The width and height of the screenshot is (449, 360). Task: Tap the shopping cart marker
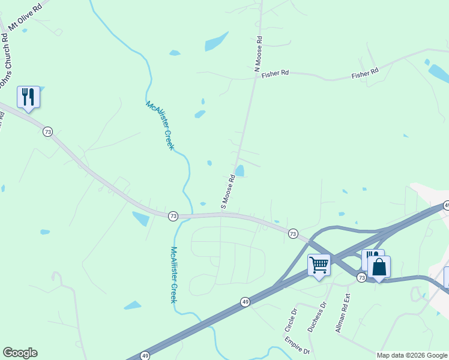[x=319, y=265]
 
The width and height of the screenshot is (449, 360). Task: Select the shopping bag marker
[x=379, y=266]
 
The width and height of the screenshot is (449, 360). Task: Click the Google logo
[x=20, y=353]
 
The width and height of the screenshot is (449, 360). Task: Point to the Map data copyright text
[x=412, y=355]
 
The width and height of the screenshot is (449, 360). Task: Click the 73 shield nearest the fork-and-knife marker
[x=47, y=131]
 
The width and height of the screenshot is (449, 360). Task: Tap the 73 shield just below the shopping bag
[x=361, y=277]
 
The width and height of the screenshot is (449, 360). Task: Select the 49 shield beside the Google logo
[x=145, y=356]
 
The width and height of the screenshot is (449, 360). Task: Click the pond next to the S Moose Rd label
[x=240, y=171]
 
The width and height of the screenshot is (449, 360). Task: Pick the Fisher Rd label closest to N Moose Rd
[x=276, y=73]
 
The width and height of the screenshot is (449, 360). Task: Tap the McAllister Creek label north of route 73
[x=160, y=125]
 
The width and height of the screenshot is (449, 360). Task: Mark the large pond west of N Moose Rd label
[x=216, y=41]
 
